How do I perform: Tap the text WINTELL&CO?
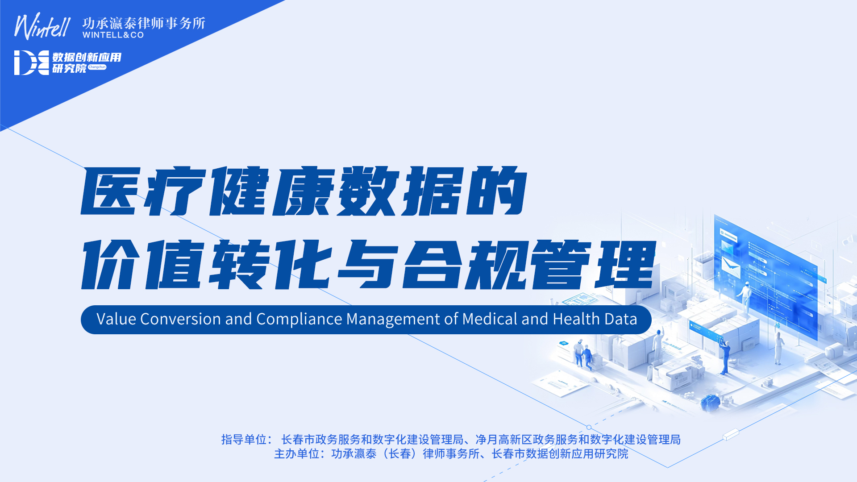(113, 35)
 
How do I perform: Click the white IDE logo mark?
(31, 62)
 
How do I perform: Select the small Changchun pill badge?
(97, 67)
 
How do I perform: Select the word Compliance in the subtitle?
(300, 320)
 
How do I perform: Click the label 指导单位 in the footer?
(244, 440)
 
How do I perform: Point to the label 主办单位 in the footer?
(296, 454)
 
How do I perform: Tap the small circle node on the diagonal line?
(589, 427)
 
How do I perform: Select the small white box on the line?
(731, 434)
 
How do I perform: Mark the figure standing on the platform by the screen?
(745, 297)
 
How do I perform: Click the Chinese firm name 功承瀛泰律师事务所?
(144, 23)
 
